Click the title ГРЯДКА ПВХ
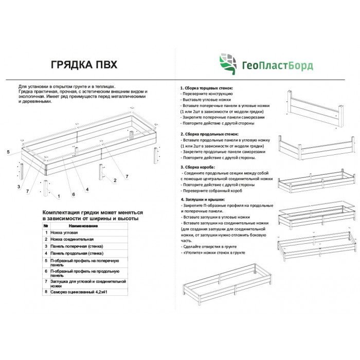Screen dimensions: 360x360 click(x=84, y=65)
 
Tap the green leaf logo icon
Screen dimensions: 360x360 click(x=228, y=64)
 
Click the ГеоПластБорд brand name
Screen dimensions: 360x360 click(x=278, y=66)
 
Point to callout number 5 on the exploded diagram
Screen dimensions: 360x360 click(x=8, y=152)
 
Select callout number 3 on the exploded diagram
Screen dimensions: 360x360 click(x=19, y=187)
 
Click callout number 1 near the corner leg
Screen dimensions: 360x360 click(x=59, y=196)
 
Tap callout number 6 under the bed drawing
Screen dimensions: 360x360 click(x=74, y=194)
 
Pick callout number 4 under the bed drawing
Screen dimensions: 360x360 click(x=87, y=190)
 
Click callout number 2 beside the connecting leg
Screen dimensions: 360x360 click(x=115, y=181)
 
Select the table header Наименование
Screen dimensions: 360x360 click(x=83, y=226)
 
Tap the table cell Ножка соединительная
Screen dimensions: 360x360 click(x=72, y=239)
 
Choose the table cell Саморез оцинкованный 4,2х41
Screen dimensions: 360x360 click(x=79, y=292)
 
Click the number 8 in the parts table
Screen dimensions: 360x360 click(x=46, y=292)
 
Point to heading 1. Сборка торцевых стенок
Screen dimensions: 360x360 click(x=206, y=88)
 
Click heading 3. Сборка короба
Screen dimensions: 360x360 click(x=197, y=167)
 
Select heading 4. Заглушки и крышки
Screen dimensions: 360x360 click(x=203, y=200)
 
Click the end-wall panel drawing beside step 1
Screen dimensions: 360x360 click(x=315, y=108)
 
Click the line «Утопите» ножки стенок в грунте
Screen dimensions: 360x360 click(x=213, y=253)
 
